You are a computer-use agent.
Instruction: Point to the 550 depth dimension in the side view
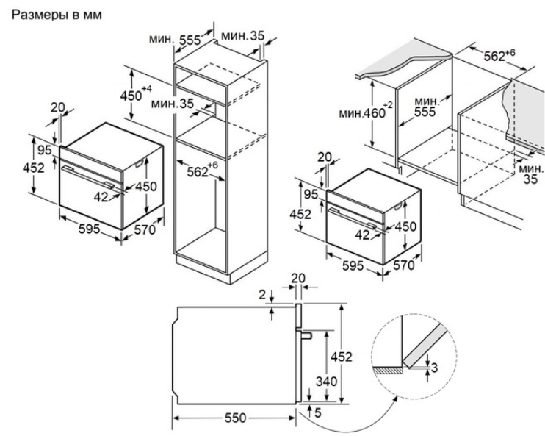pos(234,417)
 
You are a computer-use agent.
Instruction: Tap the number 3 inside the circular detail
pos(436,367)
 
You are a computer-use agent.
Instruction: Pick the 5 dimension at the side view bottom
pos(317,414)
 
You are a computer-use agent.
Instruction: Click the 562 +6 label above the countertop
pos(502,55)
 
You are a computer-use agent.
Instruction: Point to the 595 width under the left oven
pos(89,229)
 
